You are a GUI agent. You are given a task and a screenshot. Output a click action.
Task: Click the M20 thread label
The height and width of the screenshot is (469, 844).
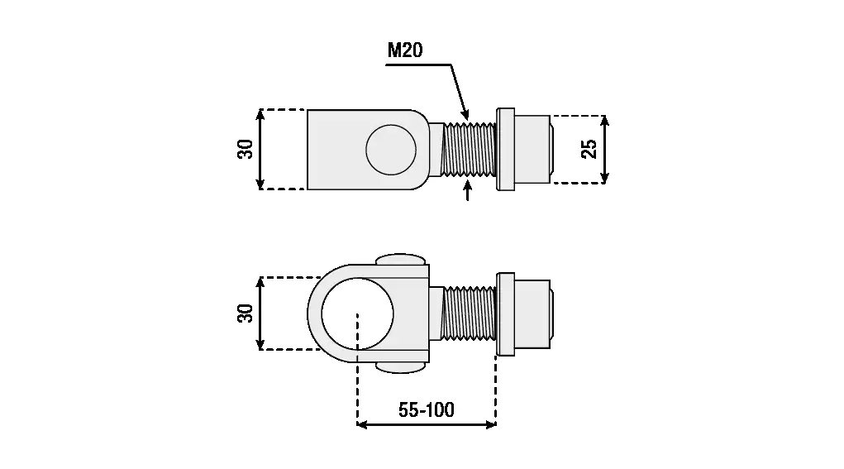(x=405, y=50)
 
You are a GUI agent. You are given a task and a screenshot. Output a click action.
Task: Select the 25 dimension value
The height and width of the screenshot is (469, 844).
(x=589, y=149)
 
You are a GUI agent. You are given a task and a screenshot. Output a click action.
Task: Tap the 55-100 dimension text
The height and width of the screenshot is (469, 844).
(x=426, y=409)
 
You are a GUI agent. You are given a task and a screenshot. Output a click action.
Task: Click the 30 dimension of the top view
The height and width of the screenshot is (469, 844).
(x=246, y=149)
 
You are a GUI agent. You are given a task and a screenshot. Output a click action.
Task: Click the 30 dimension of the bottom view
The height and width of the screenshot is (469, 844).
(x=246, y=313)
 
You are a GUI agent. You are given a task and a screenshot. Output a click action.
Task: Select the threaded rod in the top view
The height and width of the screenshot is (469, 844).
(x=470, y=149)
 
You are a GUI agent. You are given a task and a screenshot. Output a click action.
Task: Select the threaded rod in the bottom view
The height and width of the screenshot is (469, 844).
(x=470, y=313)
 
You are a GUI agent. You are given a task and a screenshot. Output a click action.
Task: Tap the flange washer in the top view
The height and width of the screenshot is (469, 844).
(x=505, y=149)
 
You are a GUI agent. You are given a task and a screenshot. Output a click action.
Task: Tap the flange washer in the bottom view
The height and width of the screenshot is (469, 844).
(x=505, y=313)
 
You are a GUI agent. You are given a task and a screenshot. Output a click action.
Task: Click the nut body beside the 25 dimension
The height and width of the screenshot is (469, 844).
(x=533, y=149)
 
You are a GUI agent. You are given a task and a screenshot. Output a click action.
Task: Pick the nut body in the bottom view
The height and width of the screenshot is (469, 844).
(x=533, y=313)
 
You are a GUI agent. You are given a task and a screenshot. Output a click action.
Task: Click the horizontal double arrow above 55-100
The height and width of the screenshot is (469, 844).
(x=426, y=425)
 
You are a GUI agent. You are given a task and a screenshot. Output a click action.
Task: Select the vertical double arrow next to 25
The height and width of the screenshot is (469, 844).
(x=605, y=149)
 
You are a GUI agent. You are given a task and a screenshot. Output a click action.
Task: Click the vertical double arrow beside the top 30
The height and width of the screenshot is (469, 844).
(x=261, y=149)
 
